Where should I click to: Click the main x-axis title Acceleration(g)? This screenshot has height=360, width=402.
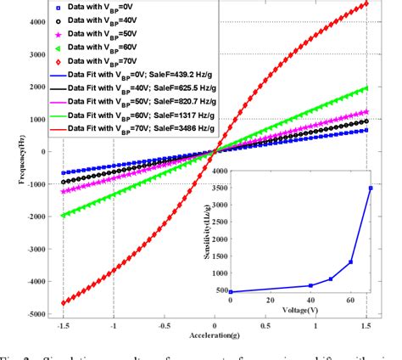(x=215, y=333)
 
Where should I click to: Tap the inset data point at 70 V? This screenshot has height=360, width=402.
(x=370, y=188)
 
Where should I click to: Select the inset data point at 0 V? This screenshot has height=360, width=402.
(x=231, y=291)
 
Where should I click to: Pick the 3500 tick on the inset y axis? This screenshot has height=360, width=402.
(x=219, y=188)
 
